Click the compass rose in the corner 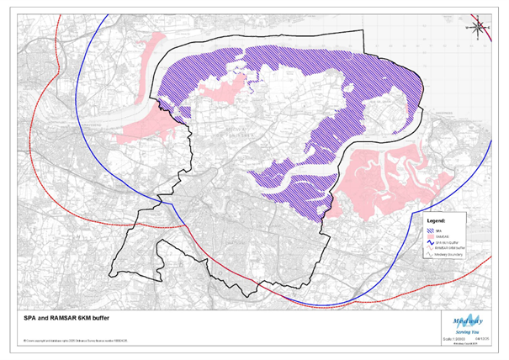479,28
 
